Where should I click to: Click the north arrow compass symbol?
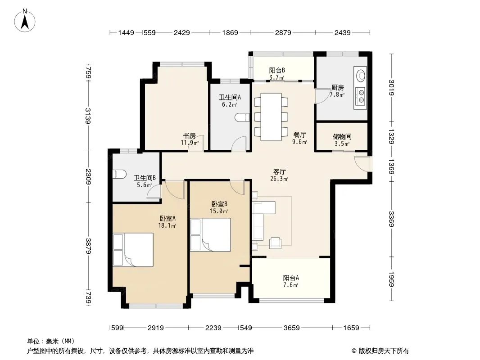click(x=25, y=21)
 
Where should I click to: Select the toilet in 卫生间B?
click(x=120, y=174)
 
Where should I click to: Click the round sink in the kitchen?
click(x=361, y=75)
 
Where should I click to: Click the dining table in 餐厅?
click(x=271, y=117)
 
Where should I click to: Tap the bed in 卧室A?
click(x=133, y=250)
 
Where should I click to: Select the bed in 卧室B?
click(x=210, y=234)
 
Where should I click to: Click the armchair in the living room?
click(x=275, y=243)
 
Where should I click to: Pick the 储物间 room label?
click(x=342, y=136)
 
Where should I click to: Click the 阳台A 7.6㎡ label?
click(x=291, y=281)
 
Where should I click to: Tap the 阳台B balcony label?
click(x=277, y=70)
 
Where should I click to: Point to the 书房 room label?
click(x=190, y=135)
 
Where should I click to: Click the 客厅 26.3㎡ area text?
click(x=279, y=175)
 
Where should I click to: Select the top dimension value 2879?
click(x=283, y=32)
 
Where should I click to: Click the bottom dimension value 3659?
click(x=291, y=328)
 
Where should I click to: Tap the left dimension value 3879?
click(x=88, y=246)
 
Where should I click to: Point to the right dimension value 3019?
click(x=391, y=87)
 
